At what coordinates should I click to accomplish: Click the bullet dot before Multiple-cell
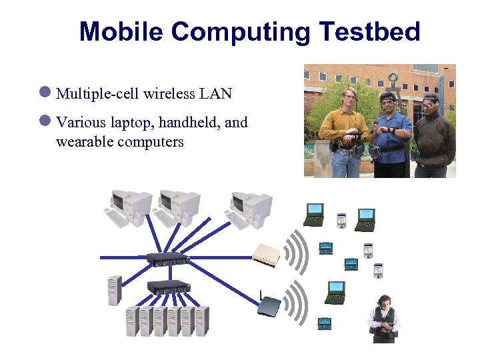click(45, 93)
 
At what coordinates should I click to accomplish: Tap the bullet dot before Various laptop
click(45, 121)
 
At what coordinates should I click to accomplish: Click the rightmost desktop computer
click(249, 209)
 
